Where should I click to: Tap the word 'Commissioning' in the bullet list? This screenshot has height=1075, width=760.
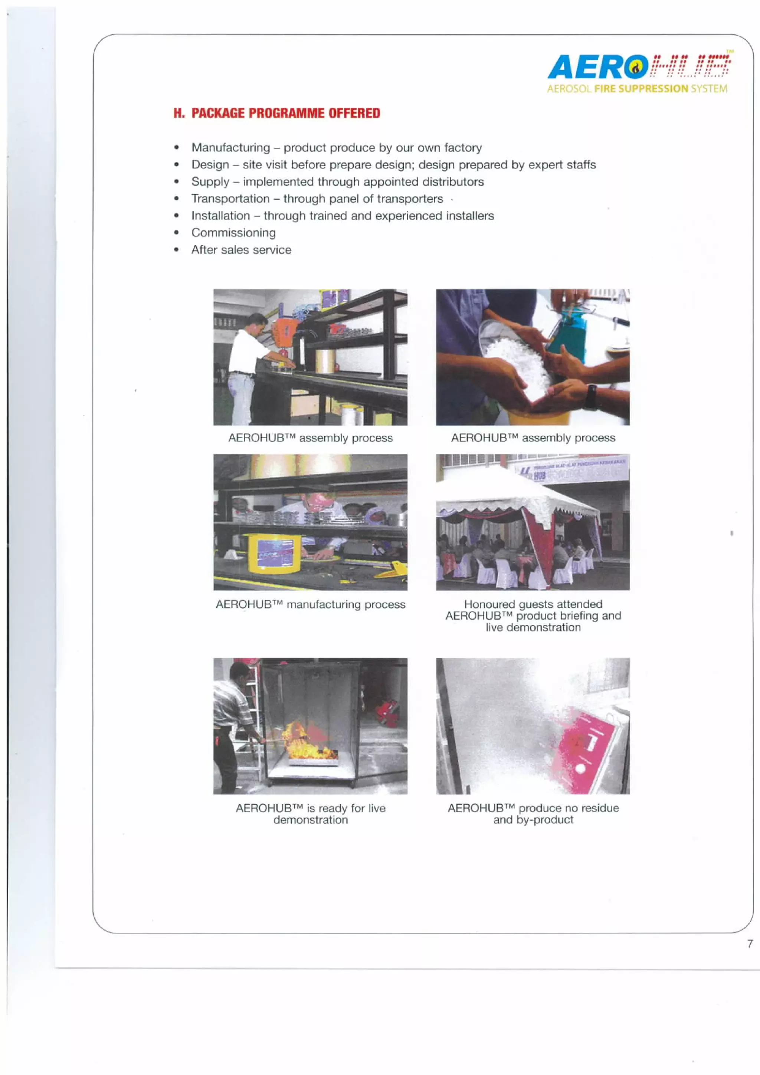233,233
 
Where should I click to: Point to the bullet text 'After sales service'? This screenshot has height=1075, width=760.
241,250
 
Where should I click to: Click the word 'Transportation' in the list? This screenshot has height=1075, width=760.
230,199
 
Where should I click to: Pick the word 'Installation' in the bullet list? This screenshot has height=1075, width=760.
220,216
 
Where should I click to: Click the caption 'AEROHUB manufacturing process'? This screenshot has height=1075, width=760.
311,604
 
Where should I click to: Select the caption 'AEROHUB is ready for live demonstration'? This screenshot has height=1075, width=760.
311,814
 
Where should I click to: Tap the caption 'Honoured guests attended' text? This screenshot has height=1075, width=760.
533,604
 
